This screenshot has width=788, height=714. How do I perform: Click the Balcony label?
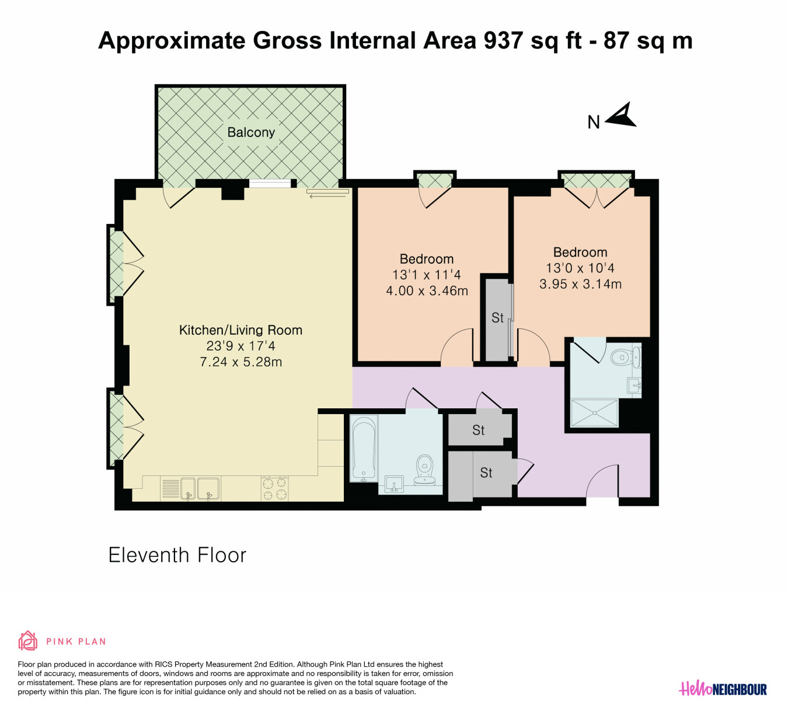click(251, 132)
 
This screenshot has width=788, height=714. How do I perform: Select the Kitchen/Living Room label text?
click(241, 330)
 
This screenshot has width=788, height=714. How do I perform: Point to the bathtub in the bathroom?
click(364, 448)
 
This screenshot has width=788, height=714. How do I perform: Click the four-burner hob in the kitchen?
click(275, 489)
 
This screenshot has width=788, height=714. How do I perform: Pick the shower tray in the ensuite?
click(594, 413)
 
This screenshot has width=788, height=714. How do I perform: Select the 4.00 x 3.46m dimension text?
click(427, 291)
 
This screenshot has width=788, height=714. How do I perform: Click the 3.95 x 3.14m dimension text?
click(581, 284)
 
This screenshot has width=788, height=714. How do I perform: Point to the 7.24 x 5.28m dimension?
click(241, 362)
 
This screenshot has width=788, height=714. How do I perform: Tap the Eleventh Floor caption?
click(177, 555)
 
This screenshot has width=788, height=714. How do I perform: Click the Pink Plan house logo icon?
click(28, 641)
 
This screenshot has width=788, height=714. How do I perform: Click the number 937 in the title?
click(503, 40)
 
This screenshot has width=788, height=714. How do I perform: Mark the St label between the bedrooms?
click(497, 318)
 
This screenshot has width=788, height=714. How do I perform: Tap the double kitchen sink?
click(200, 489)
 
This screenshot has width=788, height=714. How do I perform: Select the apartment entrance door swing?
click(603, 481)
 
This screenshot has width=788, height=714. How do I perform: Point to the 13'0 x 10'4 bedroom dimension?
click(580, 268)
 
